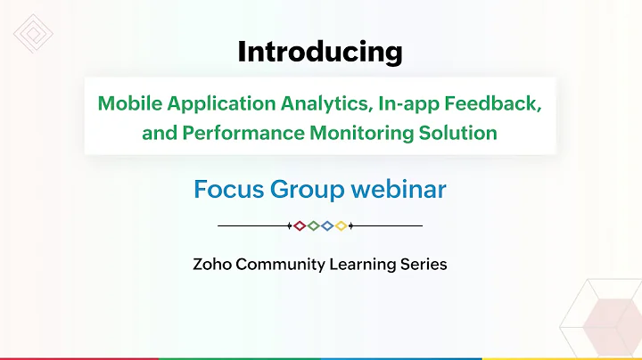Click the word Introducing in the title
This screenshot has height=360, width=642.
(x=319, y=53)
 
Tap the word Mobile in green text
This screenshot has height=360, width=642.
(x=126, y=103)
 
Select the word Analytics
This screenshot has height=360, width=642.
(x=325, y=103)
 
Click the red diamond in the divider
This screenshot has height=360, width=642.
(x=300, y=226)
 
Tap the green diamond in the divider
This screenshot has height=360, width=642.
(x=314, y=226)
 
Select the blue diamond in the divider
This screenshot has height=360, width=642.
(x=327, y=226)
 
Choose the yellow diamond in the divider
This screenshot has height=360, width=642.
(x=341, y=226)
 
